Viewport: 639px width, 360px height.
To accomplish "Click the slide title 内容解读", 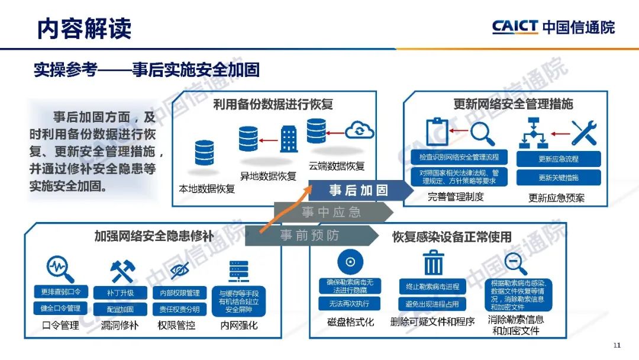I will tap(84, 28).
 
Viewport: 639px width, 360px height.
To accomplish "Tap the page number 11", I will tap(617, 345).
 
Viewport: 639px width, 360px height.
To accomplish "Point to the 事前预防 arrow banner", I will tap(311, 235).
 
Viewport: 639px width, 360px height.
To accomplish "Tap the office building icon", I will tap(289, 139).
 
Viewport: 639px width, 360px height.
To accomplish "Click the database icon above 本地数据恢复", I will tap(204, 153).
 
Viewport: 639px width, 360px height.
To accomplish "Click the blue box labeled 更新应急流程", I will tap(559, 159).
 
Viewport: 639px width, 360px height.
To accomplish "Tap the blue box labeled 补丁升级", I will tap(120, 292).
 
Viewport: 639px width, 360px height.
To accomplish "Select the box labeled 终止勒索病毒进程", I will tap(433, 287).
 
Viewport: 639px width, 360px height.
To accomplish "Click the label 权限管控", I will tap(176, 325).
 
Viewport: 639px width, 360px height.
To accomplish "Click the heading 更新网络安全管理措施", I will tap(513, 104).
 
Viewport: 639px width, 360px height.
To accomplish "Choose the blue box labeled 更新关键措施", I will tap(559, 178).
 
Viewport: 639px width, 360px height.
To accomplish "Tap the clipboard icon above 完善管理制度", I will tap(437, 131).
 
